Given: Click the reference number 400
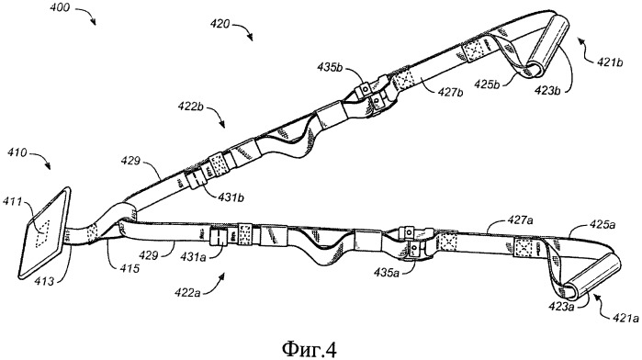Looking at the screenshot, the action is (x=60, y=7).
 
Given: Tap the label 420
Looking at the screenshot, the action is (x=220, y=24).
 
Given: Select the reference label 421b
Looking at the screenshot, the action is (x=609, y=62).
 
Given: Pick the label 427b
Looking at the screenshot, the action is (x=450, y=93).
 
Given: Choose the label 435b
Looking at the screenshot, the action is (x=331, y=67).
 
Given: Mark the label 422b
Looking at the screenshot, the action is (x=191, y=107).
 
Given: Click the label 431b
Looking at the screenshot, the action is (x=231, y=197).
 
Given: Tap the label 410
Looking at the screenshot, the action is (x=17, y=153).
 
